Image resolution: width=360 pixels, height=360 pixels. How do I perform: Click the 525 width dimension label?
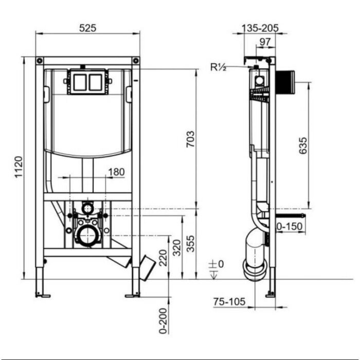coord(87,28)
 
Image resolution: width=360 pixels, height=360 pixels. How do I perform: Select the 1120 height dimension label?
coord(19,167)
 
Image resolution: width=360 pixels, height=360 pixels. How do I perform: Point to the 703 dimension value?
coord(190,139)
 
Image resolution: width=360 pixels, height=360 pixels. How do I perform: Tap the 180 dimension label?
coord(116,172)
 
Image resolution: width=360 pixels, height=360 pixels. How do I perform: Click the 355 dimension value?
coord(190,244)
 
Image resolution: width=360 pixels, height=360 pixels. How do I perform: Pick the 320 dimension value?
coord(177,247)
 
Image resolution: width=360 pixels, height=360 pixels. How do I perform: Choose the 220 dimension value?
coord(163,258)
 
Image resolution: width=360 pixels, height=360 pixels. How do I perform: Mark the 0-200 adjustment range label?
coord(163,321)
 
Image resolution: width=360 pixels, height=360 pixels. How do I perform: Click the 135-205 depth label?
coord(260,28)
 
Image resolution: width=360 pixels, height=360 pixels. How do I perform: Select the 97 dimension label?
coord(265,42)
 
